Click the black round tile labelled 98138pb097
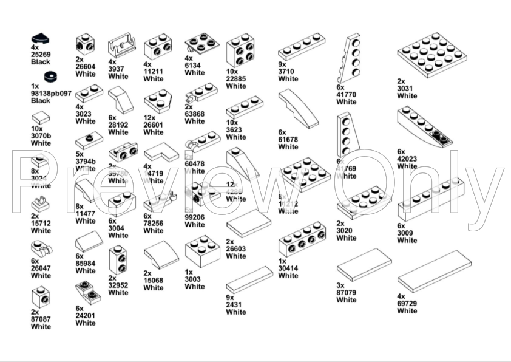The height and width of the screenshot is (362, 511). [50, 77]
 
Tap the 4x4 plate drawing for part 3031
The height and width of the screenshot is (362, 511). [431, 54]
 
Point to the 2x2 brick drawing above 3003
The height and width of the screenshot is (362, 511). [203, 251]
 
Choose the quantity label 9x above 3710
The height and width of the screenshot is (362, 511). [282, 64]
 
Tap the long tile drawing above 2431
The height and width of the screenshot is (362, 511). [249, 279]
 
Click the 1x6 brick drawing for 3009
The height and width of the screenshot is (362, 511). [430, 199]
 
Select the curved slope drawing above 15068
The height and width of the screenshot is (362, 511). [161, 255]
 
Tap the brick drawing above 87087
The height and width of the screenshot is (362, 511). [41, 297]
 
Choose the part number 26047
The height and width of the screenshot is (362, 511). [41, 268]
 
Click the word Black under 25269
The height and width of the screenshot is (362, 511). [41, 62]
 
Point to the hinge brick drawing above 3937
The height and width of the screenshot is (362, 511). [121, 45]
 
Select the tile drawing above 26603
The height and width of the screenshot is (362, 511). [248, 224]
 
